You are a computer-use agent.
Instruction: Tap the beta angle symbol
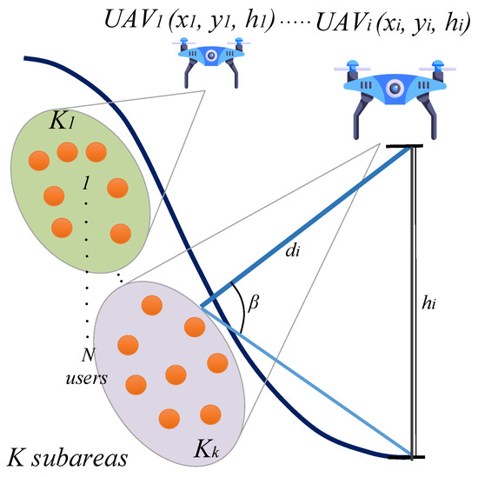pyautogui.click(x=254, y=304)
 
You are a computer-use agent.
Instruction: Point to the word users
pyautogui.click(x=84, y=377)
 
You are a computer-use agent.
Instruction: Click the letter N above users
pyautogui.click(x=84, y=355)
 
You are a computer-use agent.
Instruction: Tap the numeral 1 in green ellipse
pyautogui.click(x=85, y=185)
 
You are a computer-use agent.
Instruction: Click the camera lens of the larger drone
pyautogui.click(x=395, y=88)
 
